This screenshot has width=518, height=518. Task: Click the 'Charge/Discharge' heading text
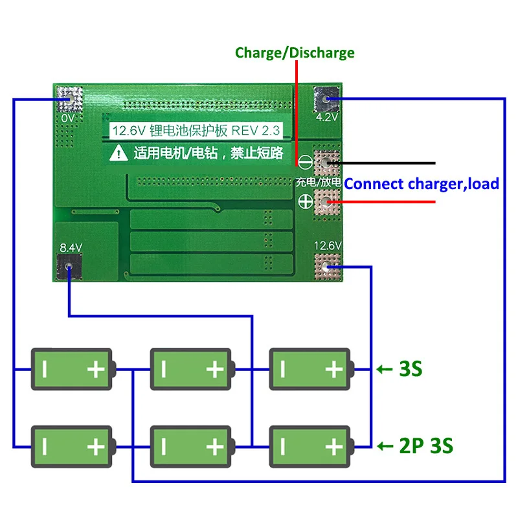(x=295, y=53)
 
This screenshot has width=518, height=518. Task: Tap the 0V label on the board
(x=68, y=118)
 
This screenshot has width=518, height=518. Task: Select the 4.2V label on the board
(x=327, y=117)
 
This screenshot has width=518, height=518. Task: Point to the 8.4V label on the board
(x=71, y=247)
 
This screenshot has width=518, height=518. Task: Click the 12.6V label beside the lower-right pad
(x=328, y=246)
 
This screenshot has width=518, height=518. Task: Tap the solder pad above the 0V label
(x=69, y=99)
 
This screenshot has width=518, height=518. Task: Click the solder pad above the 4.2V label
(x=326, y=99)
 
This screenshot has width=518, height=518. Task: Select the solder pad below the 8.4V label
(x=69, y=267)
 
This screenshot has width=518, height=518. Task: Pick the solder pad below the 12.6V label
(x=327, y=267)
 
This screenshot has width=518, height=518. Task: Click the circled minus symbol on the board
(x=305, y=163)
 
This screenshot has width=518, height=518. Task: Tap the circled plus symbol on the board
(x=306, y=201)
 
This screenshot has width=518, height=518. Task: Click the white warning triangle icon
(x=118, y=153)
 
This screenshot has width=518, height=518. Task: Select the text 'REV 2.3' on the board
(x=255, y=131)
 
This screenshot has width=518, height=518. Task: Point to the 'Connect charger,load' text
(x=422, y=184)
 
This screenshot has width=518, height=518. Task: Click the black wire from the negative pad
(x=381, y=163)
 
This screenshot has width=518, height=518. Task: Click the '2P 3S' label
(x=426, y=446)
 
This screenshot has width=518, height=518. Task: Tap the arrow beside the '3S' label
(x=385, y=369)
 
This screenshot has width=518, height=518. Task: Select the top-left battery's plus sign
(x=96, y=369)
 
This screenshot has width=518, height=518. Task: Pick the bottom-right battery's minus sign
(x=282, y=447)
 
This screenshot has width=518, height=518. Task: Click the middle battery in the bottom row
(x=192, y=447)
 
